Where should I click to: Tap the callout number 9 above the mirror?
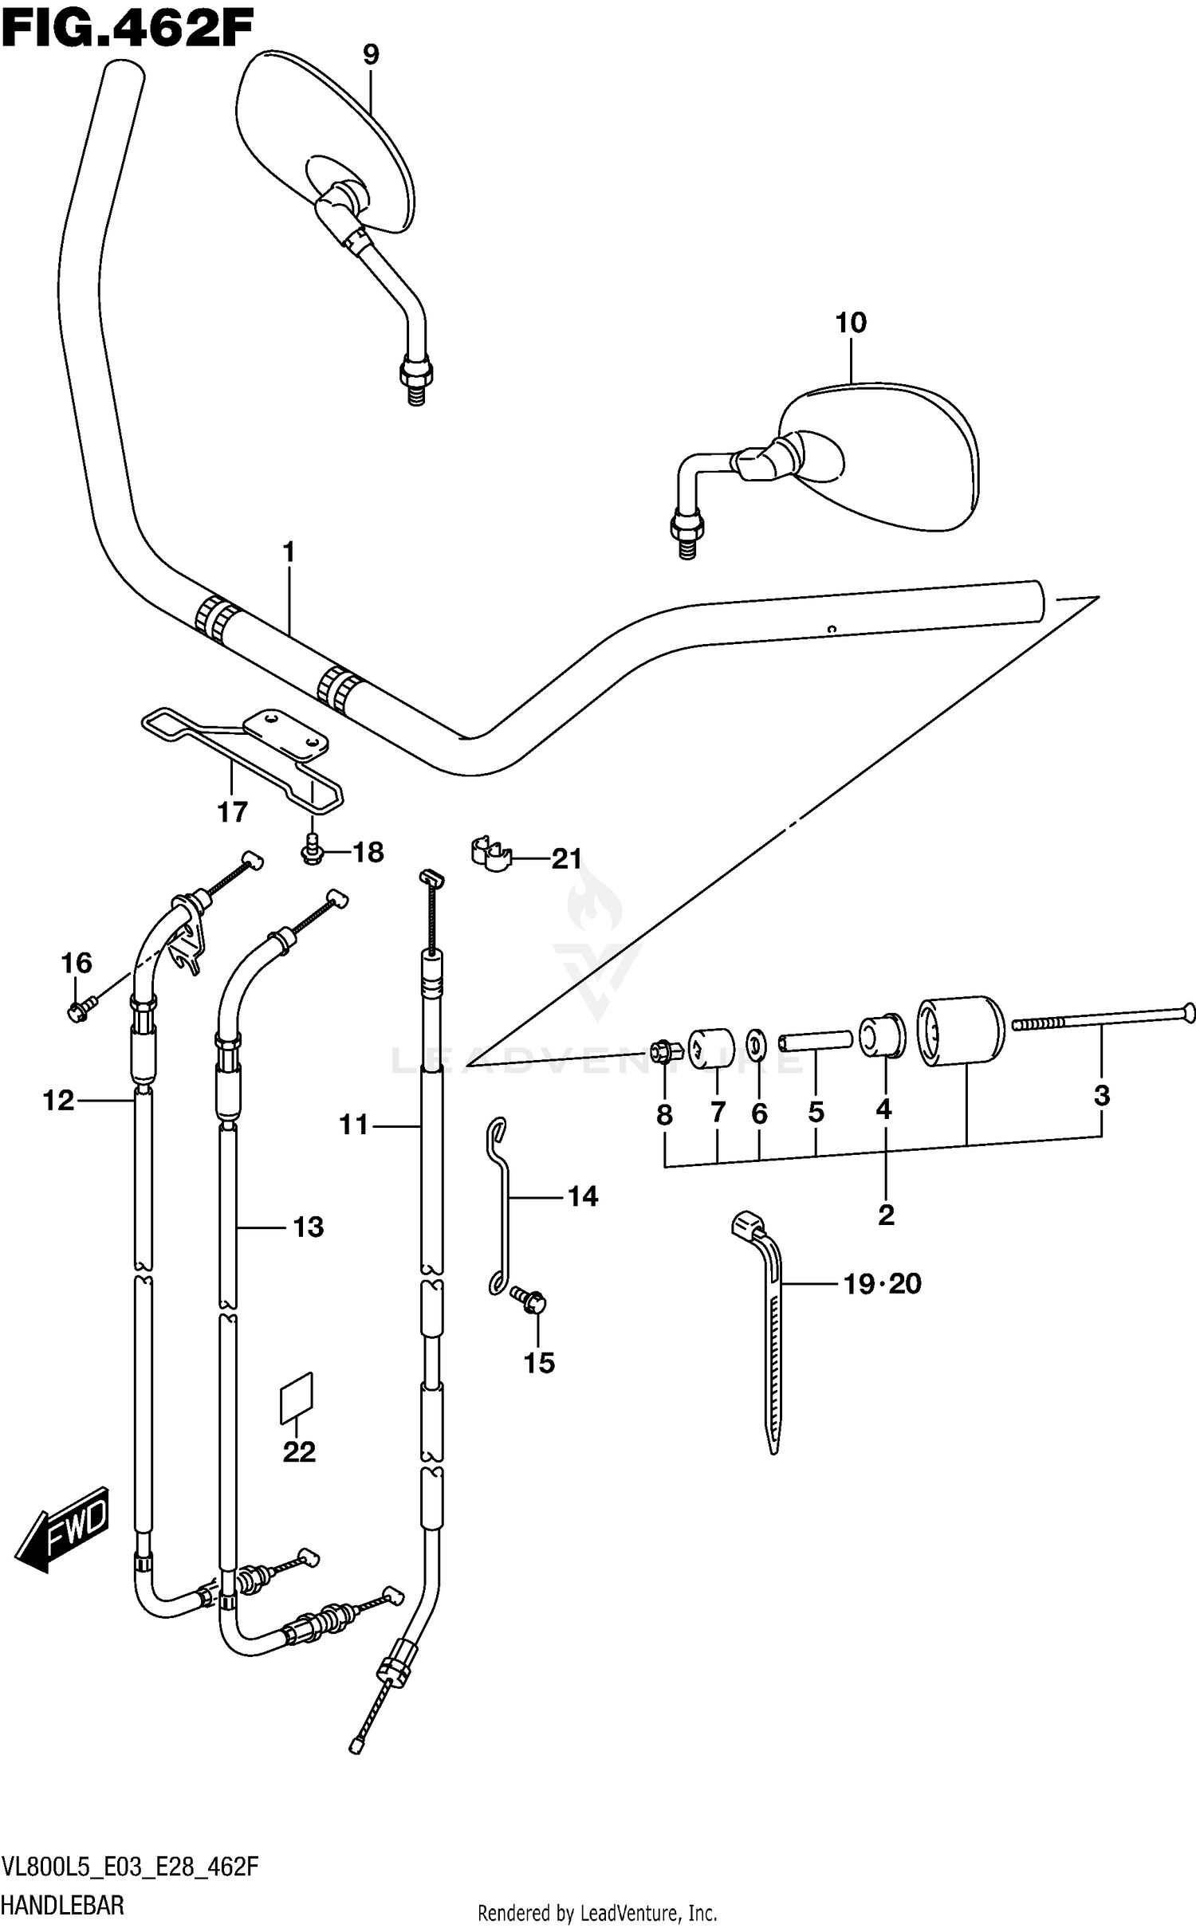[x=371, y=54]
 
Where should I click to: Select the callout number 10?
[x=851, y=323]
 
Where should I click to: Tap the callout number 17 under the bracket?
[x=233, y=812]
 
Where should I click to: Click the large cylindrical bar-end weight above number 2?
[x=960, y=1031]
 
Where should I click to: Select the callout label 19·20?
[x=883, y=1284]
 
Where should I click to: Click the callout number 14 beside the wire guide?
[x=583, y=1196]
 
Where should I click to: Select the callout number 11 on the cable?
[x=354, y=1125]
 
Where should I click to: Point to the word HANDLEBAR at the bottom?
[x=64, y=1906]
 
